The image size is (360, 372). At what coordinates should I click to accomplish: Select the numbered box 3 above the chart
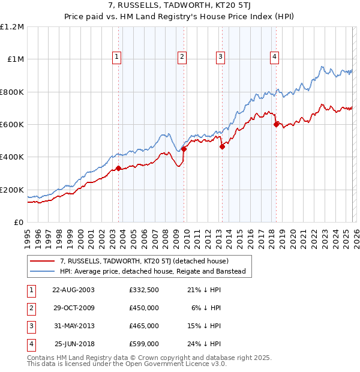point(220,57)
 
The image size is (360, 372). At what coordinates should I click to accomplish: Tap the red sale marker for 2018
point(276,125)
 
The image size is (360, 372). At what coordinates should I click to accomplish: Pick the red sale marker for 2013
point(222,146)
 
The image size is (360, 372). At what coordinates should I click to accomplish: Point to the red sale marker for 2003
point(118,168)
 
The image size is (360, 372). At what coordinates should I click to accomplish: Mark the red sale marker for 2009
point(184,149)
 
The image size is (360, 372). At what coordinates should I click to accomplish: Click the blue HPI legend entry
point(156,272)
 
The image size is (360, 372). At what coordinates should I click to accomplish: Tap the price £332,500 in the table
point(143,290)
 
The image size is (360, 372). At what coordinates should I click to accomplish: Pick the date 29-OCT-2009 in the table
point(73,308)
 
